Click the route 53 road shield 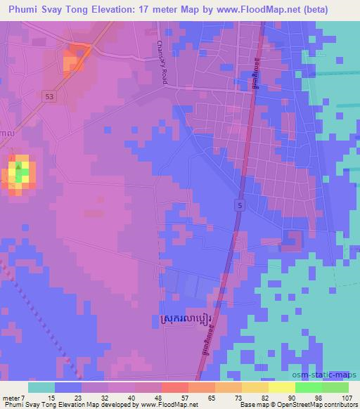[49, 96]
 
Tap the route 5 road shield [240, 204]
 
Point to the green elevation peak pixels [21, 171]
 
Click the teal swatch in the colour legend [41, 388]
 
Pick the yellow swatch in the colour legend [281, 388]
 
